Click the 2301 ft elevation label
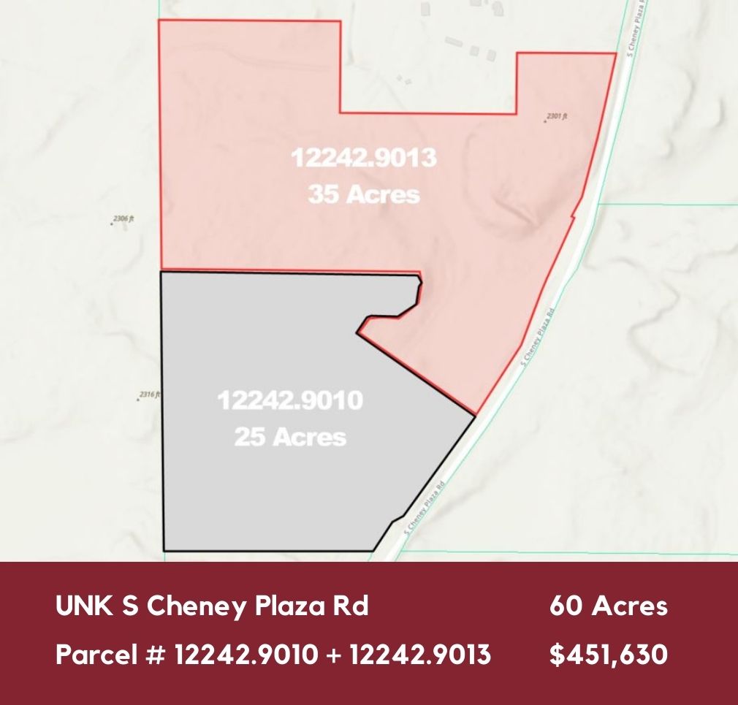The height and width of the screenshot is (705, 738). [x=558, y=116]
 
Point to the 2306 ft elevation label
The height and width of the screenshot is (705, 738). [x=125, y=218]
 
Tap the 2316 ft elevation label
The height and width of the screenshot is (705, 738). [x=148, y=395]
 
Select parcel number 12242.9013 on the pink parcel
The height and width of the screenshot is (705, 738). [x=364, y=158]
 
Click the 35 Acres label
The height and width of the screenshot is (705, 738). [x=364, y=194]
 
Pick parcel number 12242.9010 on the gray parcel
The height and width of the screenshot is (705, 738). [x=291, y=400]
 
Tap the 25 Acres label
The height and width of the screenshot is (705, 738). [x=290, y=437]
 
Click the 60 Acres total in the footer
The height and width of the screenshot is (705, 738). [x=608, y=606]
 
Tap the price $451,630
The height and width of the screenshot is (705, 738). [x=608, y=655]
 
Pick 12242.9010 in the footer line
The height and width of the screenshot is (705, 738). [x=246, y=655]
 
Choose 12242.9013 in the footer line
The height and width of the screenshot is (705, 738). [x=420, y=655]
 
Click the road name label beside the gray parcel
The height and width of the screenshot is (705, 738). [x=425, y=508]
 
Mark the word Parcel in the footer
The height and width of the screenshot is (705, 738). [x=96, y=655]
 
